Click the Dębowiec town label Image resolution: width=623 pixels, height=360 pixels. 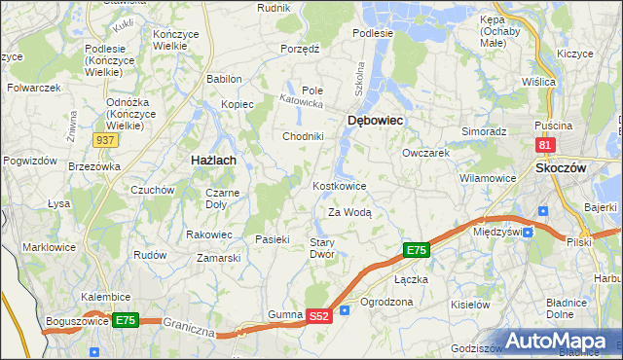[376, 120]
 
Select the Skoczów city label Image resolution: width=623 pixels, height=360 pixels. [561, 167]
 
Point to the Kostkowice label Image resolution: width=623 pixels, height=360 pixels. [339, 185]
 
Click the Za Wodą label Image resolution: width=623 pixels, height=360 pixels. [349, 211]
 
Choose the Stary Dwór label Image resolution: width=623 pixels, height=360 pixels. [322, 248]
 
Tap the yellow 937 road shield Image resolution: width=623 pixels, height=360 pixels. [107, 140]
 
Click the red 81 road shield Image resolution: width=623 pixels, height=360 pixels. [545, 145]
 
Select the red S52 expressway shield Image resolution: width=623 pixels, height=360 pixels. [319, 316]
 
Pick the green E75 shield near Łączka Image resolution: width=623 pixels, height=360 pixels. [416, 251]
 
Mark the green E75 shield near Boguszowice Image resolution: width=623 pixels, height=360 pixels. [125, 319]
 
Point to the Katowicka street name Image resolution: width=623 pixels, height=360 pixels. [300, 99]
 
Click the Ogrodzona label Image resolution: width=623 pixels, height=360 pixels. [386, 302]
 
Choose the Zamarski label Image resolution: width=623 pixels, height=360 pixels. [218, 258]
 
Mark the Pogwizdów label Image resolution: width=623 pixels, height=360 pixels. [27, 160]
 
